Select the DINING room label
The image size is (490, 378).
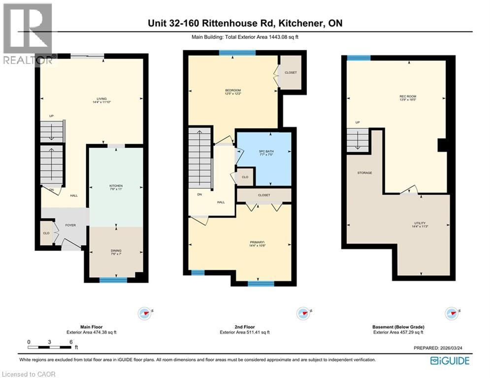coord(116,252)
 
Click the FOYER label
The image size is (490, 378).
coord(71,226)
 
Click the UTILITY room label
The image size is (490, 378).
coord(420,224)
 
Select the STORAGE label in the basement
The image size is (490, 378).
coord(365,173)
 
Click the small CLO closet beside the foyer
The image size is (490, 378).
coord(45,234)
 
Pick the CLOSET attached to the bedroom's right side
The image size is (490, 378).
coord(291,72)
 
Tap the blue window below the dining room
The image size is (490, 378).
coord(113,280)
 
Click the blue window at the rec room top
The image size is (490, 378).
coord(359,58)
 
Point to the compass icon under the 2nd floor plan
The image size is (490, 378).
coord(303,313)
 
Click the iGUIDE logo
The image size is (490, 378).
coord(450,361)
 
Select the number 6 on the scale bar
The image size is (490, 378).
coord(71,342)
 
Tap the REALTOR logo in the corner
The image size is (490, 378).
coord(28,34)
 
